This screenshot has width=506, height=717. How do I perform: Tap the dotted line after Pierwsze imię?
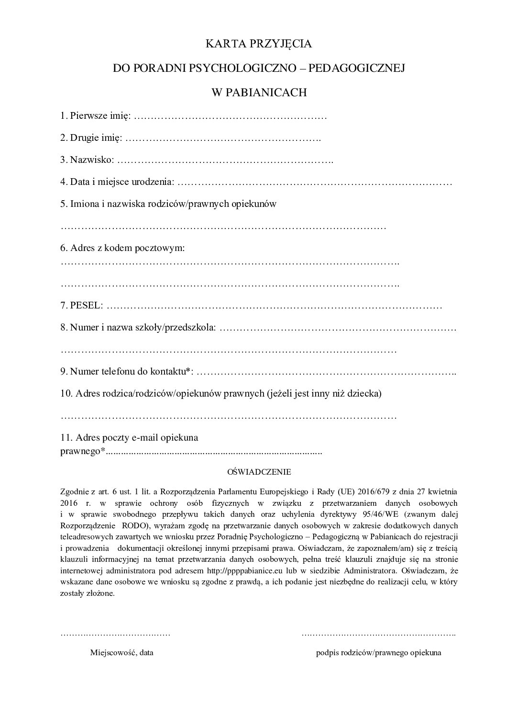tap(230, 116)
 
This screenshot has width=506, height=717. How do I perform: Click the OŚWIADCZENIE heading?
tap(259, 472)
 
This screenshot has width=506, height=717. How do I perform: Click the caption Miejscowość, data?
tap(122, 652)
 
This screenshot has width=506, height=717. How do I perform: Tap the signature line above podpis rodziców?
tap(378, 635)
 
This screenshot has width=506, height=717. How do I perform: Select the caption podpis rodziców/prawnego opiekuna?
tap(378, 652)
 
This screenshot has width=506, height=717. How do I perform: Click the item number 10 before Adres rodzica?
tap(66, 394)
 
